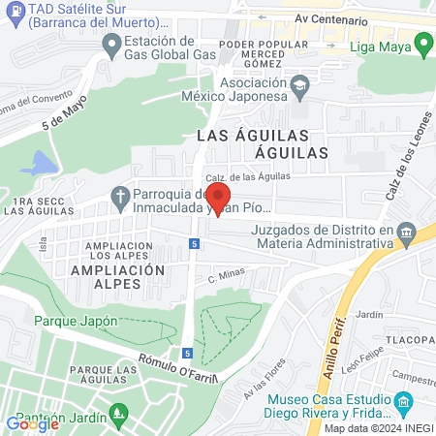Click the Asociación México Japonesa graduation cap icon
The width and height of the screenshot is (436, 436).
(x=301, y=88)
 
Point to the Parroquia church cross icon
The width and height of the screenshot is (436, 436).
(x=120, y=198)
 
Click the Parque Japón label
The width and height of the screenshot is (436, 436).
(x=76, y=322)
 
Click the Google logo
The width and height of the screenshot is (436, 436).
(x=32, y=423)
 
